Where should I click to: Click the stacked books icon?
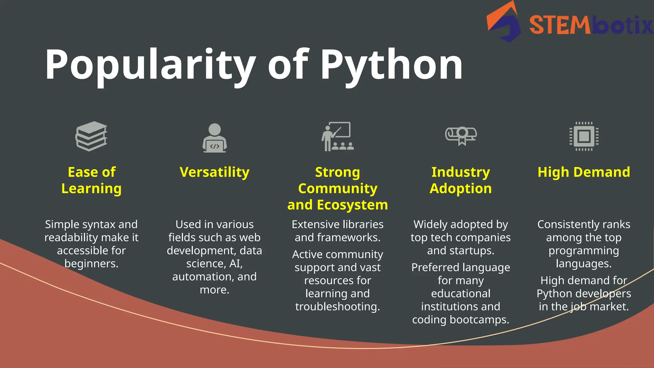(x=91, y=136)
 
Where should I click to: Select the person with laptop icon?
(x=215, y=138)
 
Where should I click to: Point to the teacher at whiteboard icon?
(x=338, y=136)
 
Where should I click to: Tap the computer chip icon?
(x=584, y=136)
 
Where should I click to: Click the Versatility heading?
(x=215, y=172)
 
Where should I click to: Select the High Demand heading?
(x=584, y=172)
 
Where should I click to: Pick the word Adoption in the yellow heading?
(x=460, y=188)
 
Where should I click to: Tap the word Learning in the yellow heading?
(x=91, y=188)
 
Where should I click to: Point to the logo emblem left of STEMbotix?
(x=504, y=22)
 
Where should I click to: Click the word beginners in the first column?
(x=91, y=264)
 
